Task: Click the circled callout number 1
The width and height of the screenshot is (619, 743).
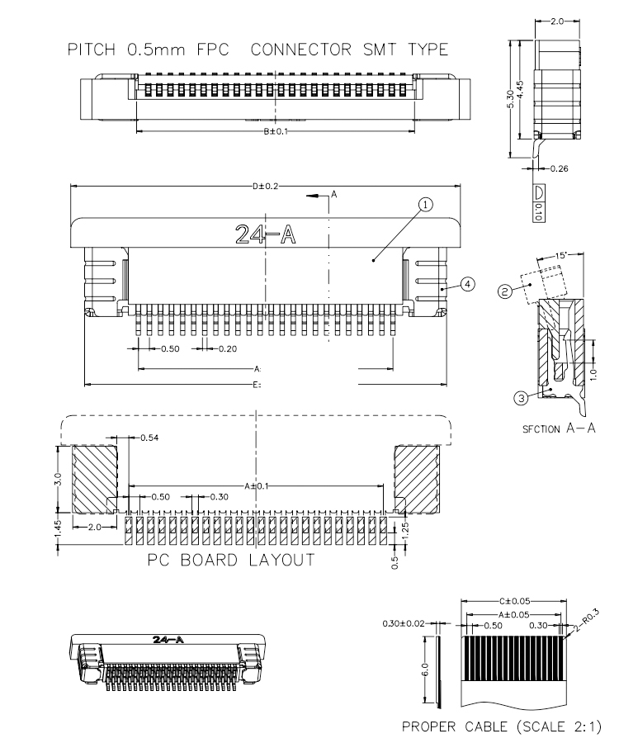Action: click(425, 205)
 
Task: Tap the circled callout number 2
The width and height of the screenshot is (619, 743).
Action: click(505, 291)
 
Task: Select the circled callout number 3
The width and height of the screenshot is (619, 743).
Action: click(521, 398)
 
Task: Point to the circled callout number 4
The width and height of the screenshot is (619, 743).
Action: click(467, 284)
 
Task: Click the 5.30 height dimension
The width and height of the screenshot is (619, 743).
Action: click(511, 99)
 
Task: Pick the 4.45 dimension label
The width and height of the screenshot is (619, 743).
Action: click(521, 89)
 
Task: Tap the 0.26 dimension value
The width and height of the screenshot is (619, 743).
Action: click(560, 168)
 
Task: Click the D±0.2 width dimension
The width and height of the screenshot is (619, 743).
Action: click(265, 186)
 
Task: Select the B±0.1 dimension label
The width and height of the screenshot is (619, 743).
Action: click(276, 130)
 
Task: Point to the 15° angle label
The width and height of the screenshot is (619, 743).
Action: click(560, 255)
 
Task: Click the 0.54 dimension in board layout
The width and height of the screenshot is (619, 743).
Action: click(149, 438)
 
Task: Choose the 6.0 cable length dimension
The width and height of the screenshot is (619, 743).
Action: click(425, 670)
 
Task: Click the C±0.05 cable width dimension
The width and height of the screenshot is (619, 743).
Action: click(514, 601)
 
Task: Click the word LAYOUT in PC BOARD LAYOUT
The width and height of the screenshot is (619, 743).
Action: click(281, 560)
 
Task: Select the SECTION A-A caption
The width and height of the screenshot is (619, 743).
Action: click(559, 428)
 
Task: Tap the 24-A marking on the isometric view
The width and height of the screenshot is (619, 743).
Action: click(168, 640)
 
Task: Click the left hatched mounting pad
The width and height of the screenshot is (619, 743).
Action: click(95, 479)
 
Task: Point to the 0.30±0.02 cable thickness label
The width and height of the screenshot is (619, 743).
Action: click(404, 623)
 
